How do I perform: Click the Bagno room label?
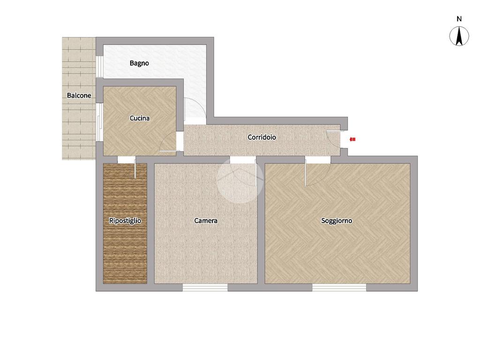pos(139,63)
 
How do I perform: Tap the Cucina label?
pos(140,118)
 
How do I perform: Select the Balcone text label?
pos(79,96)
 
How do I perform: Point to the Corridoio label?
pos(262,137)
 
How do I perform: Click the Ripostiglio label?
pos(125,221)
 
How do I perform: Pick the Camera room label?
pos(206,220)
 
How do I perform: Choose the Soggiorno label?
pos(337,221)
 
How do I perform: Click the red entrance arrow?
pos(352,139)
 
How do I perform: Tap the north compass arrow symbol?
pos(459,36)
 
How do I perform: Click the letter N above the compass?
pos(459,19)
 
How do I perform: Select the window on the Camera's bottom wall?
pos(205,287)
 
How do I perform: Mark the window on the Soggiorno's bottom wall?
pos(339,287)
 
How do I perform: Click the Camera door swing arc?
pos(242,178)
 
